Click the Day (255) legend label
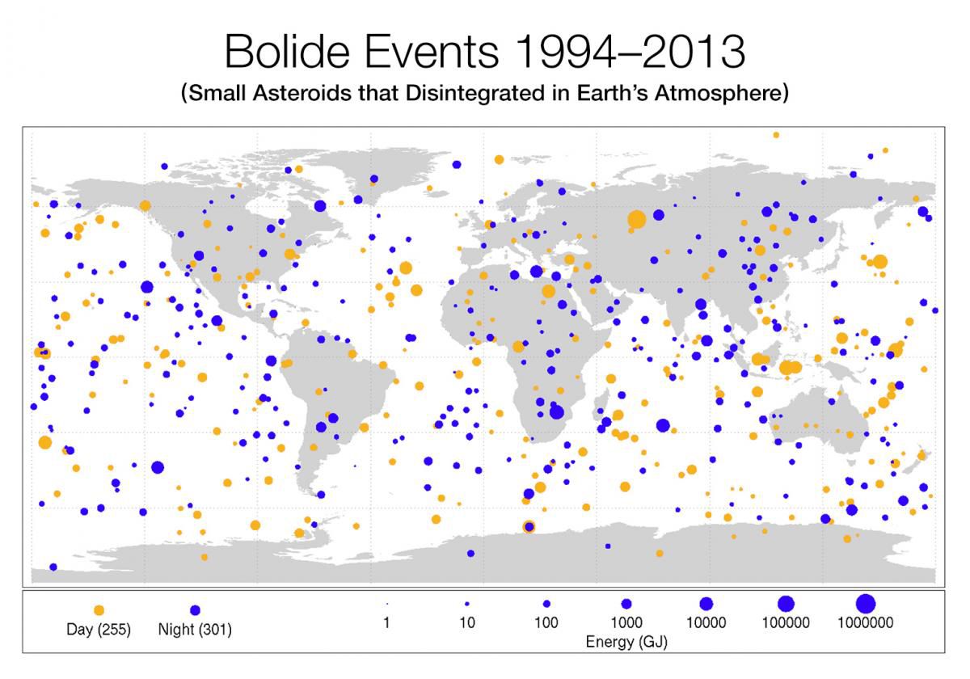pyautogui.click(x=99, y=630)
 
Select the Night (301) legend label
pyautogui.click(x=195, y=630)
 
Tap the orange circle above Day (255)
pyautogui.click(x=99, y=610)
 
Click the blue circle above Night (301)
pyautogui.click(x=195, y=610)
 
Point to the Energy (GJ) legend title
pyautogui.click(x=626, y=642)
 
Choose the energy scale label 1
pyautogui.click(x=387, y=623)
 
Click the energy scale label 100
pyautogui.click(x=546, y=623)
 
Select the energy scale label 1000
pyautogui.click(x=626, y=623)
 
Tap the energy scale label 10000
pyautogui.click(x=706, y=623)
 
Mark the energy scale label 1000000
pyautogui.click(x=866, y=623)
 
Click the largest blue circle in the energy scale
pyautogui.click(x=866, y=603)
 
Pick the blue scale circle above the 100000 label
pyautogui.click(x=786, y=603)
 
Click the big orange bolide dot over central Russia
pyautogui.click(x=636, y=218)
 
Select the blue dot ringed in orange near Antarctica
pyautogui.click(x=529, y=527)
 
